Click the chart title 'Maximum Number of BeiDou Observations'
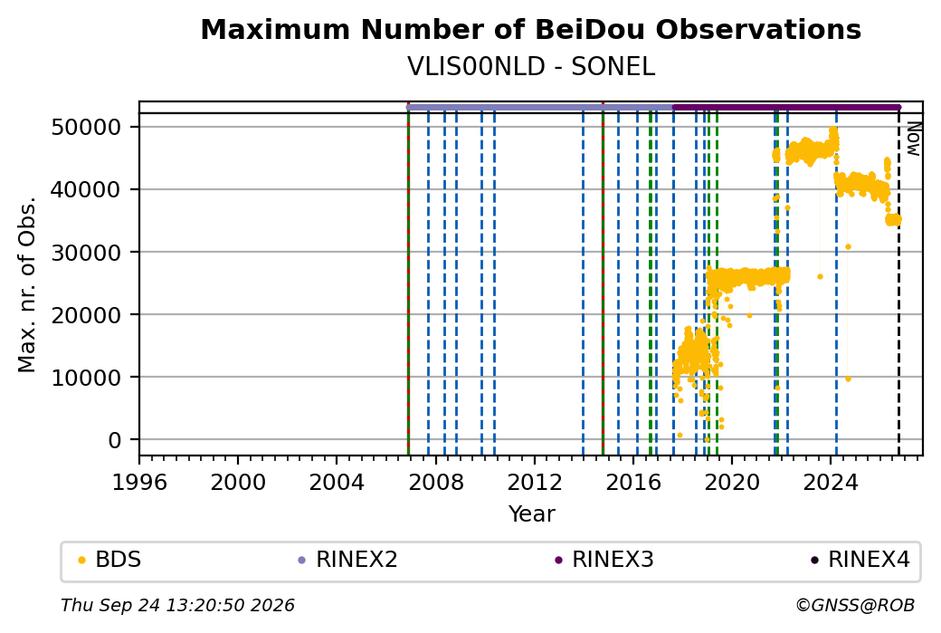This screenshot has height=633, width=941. pos(530,30)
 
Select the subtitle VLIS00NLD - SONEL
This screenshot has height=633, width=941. pos(530,67)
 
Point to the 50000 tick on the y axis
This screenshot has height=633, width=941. pos(87,128)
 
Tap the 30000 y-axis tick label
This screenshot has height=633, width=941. pos(87,253)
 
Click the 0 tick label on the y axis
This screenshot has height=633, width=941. pos(115,440)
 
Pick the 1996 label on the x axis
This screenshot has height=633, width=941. pos(139,482)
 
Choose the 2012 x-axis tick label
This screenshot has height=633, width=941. pos(534,482)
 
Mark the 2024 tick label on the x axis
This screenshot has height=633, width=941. pos(831,482)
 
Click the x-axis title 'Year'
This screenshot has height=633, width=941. pos(531,514)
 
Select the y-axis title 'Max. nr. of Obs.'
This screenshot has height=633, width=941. pos(27,284)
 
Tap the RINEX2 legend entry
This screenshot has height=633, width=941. pos(348,560)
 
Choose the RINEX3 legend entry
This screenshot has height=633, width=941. pos(604,560)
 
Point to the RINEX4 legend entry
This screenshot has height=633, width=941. pos(860,560)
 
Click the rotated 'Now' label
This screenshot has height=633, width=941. pos(913,139)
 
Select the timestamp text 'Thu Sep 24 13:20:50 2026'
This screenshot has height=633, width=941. pos(177,605)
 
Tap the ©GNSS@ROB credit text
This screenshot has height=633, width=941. pos(855,605)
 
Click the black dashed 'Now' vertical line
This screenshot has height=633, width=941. pos(898,284)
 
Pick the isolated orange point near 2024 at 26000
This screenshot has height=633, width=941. pos(820,277)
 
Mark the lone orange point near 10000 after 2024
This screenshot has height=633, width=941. pos(848,379)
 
